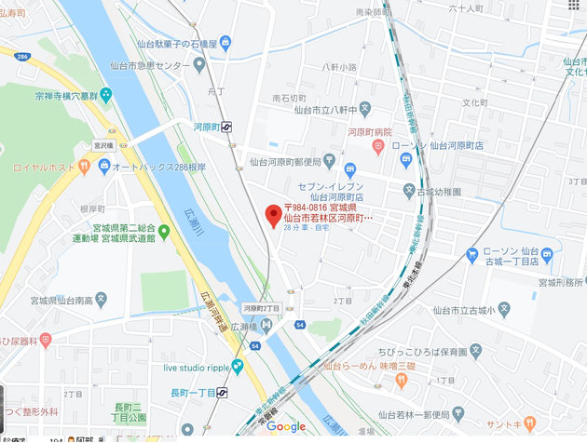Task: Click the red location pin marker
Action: [x=272, y=215]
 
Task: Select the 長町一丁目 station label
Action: [x=191, y=393]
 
